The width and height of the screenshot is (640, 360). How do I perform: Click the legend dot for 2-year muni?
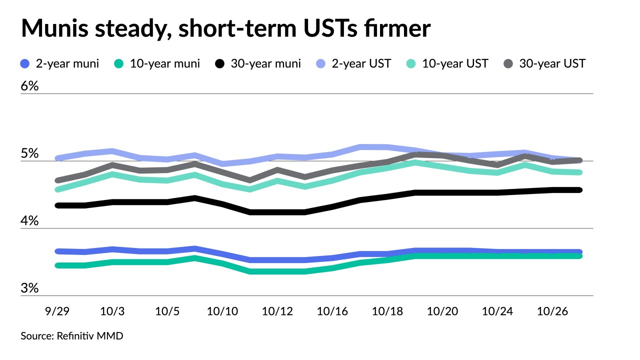25,64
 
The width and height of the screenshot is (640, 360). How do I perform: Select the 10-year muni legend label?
164,64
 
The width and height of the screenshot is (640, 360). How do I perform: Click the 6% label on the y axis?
29,86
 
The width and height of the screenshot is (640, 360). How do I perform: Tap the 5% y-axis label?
29,153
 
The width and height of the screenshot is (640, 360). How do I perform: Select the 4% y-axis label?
29,221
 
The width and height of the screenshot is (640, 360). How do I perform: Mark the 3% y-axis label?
29,288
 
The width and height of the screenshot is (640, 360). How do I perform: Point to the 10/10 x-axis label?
222,311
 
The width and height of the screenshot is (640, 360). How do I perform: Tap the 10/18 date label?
387,311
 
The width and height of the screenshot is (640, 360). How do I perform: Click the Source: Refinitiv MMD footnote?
72,336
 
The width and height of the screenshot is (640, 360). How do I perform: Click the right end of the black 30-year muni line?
579,190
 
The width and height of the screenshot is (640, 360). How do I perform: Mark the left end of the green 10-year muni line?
58,265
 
